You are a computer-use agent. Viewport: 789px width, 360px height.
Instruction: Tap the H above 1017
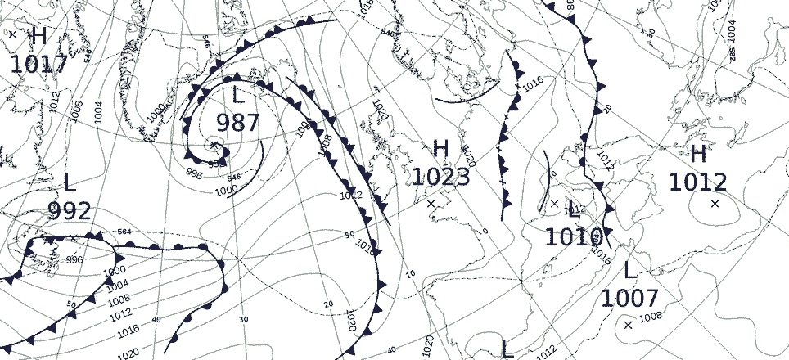(38, 37)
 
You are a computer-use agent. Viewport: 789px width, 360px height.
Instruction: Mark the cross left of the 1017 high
(12, 34)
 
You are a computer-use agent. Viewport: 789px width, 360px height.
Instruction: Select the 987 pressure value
(237, 124)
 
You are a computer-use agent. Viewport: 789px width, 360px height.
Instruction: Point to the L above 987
(238, 96)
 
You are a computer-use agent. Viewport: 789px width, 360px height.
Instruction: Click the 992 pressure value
(70, 212)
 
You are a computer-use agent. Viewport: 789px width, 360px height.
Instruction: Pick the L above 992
(70, 184)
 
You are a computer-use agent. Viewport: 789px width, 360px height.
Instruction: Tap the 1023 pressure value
(440, 177)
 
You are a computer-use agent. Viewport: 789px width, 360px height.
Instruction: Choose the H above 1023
(441, 150)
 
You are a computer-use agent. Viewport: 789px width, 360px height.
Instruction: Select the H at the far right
(698, 155)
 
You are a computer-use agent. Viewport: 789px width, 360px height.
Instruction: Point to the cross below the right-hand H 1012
(715, 203)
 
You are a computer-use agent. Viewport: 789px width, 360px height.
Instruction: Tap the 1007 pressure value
(629, 299)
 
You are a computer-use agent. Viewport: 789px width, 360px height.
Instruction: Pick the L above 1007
(629, 271)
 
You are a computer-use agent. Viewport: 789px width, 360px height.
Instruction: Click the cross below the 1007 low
(628, 326)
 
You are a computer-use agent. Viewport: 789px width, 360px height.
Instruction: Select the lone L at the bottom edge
(507, 350)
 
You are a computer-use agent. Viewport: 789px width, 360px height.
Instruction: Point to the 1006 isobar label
(75, 110)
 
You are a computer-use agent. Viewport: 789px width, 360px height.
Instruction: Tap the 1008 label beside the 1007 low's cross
(650, 317)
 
